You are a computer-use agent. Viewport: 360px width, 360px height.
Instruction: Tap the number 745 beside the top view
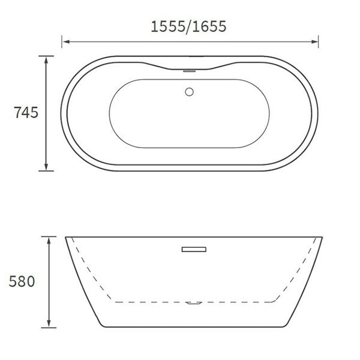[x=26, y=112]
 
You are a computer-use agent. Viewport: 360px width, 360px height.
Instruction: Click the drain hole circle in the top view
[x=189, y=92]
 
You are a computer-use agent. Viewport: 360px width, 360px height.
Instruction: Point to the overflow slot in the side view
[x=193, y=247]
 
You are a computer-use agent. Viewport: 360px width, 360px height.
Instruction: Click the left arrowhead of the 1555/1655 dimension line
[x=65, y=42]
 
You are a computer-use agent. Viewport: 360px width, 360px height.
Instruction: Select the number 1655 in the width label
[x=209, y=27]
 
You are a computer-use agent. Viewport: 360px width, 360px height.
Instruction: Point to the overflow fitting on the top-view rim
[x=190, y=70]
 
